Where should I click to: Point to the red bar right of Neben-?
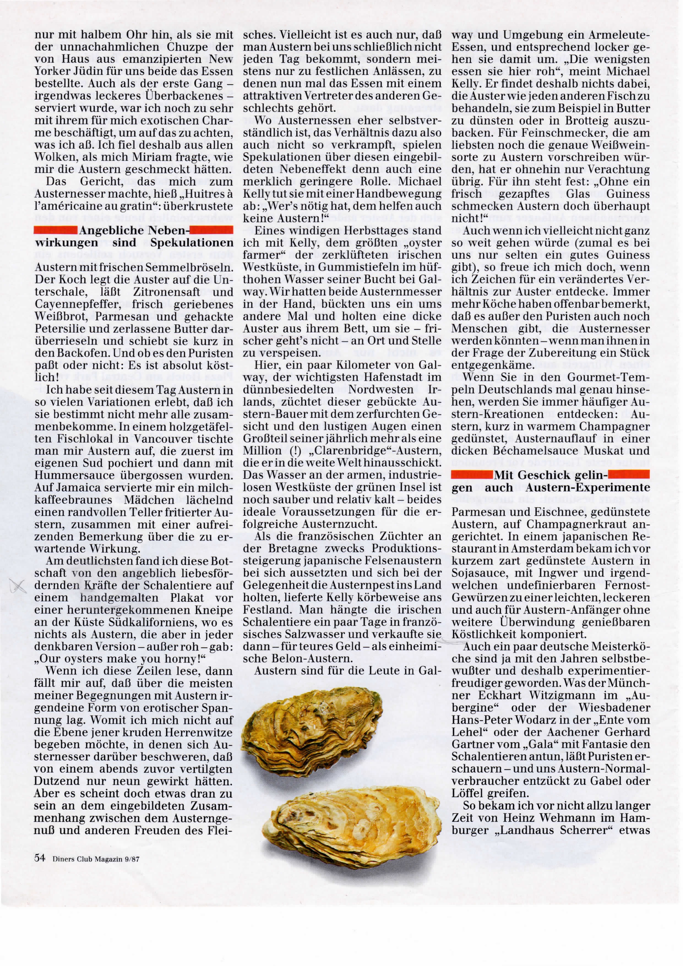(212, 230)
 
